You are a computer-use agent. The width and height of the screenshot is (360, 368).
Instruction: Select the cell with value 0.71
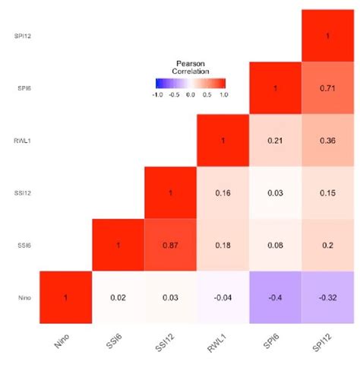pyautogui.click(x=327, y=87)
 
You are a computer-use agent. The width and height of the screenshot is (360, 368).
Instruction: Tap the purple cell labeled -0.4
pyautogui.click(x=275, y=297)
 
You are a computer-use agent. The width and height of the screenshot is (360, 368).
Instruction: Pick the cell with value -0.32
pyautogui.click(x=327, y=297)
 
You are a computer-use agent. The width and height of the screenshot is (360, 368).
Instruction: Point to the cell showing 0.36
pyautogui.click(x=327, y=140)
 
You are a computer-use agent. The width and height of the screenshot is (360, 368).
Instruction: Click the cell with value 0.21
pyautogui.click(x=275, y=140)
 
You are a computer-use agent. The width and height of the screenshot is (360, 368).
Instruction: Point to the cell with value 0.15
pyautogui.click(x=327, y=192)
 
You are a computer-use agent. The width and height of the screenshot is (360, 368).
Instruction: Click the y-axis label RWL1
pyautogui.click(x=21, y=140)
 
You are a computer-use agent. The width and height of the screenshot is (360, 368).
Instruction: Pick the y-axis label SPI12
pyautogui.click(x=21, y=35)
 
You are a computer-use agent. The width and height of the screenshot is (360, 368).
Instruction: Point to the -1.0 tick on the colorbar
pyautogui.click(x=158, y=95)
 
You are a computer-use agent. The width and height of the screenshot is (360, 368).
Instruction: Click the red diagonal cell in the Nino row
pyautogui.click(x=65, y=297)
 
